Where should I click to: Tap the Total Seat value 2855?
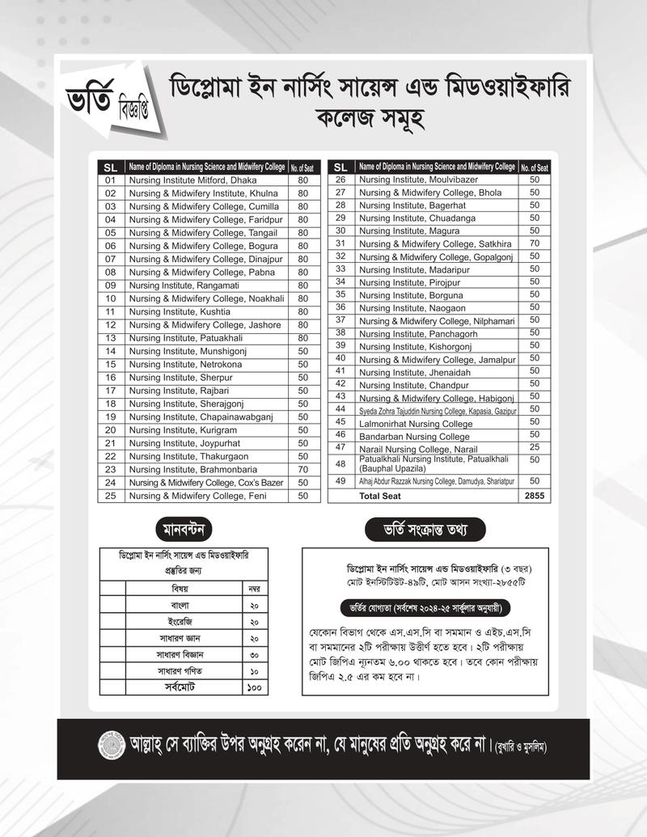535,495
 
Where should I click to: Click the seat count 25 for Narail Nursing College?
535,447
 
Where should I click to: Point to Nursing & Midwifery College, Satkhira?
435,243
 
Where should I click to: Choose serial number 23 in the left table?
111,469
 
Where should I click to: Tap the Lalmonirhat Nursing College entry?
416,423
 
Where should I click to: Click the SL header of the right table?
340,167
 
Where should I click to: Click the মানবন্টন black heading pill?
184,530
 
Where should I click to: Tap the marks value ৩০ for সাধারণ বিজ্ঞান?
254,655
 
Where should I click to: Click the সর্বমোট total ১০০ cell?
254,688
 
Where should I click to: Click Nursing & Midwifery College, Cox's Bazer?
207,482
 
